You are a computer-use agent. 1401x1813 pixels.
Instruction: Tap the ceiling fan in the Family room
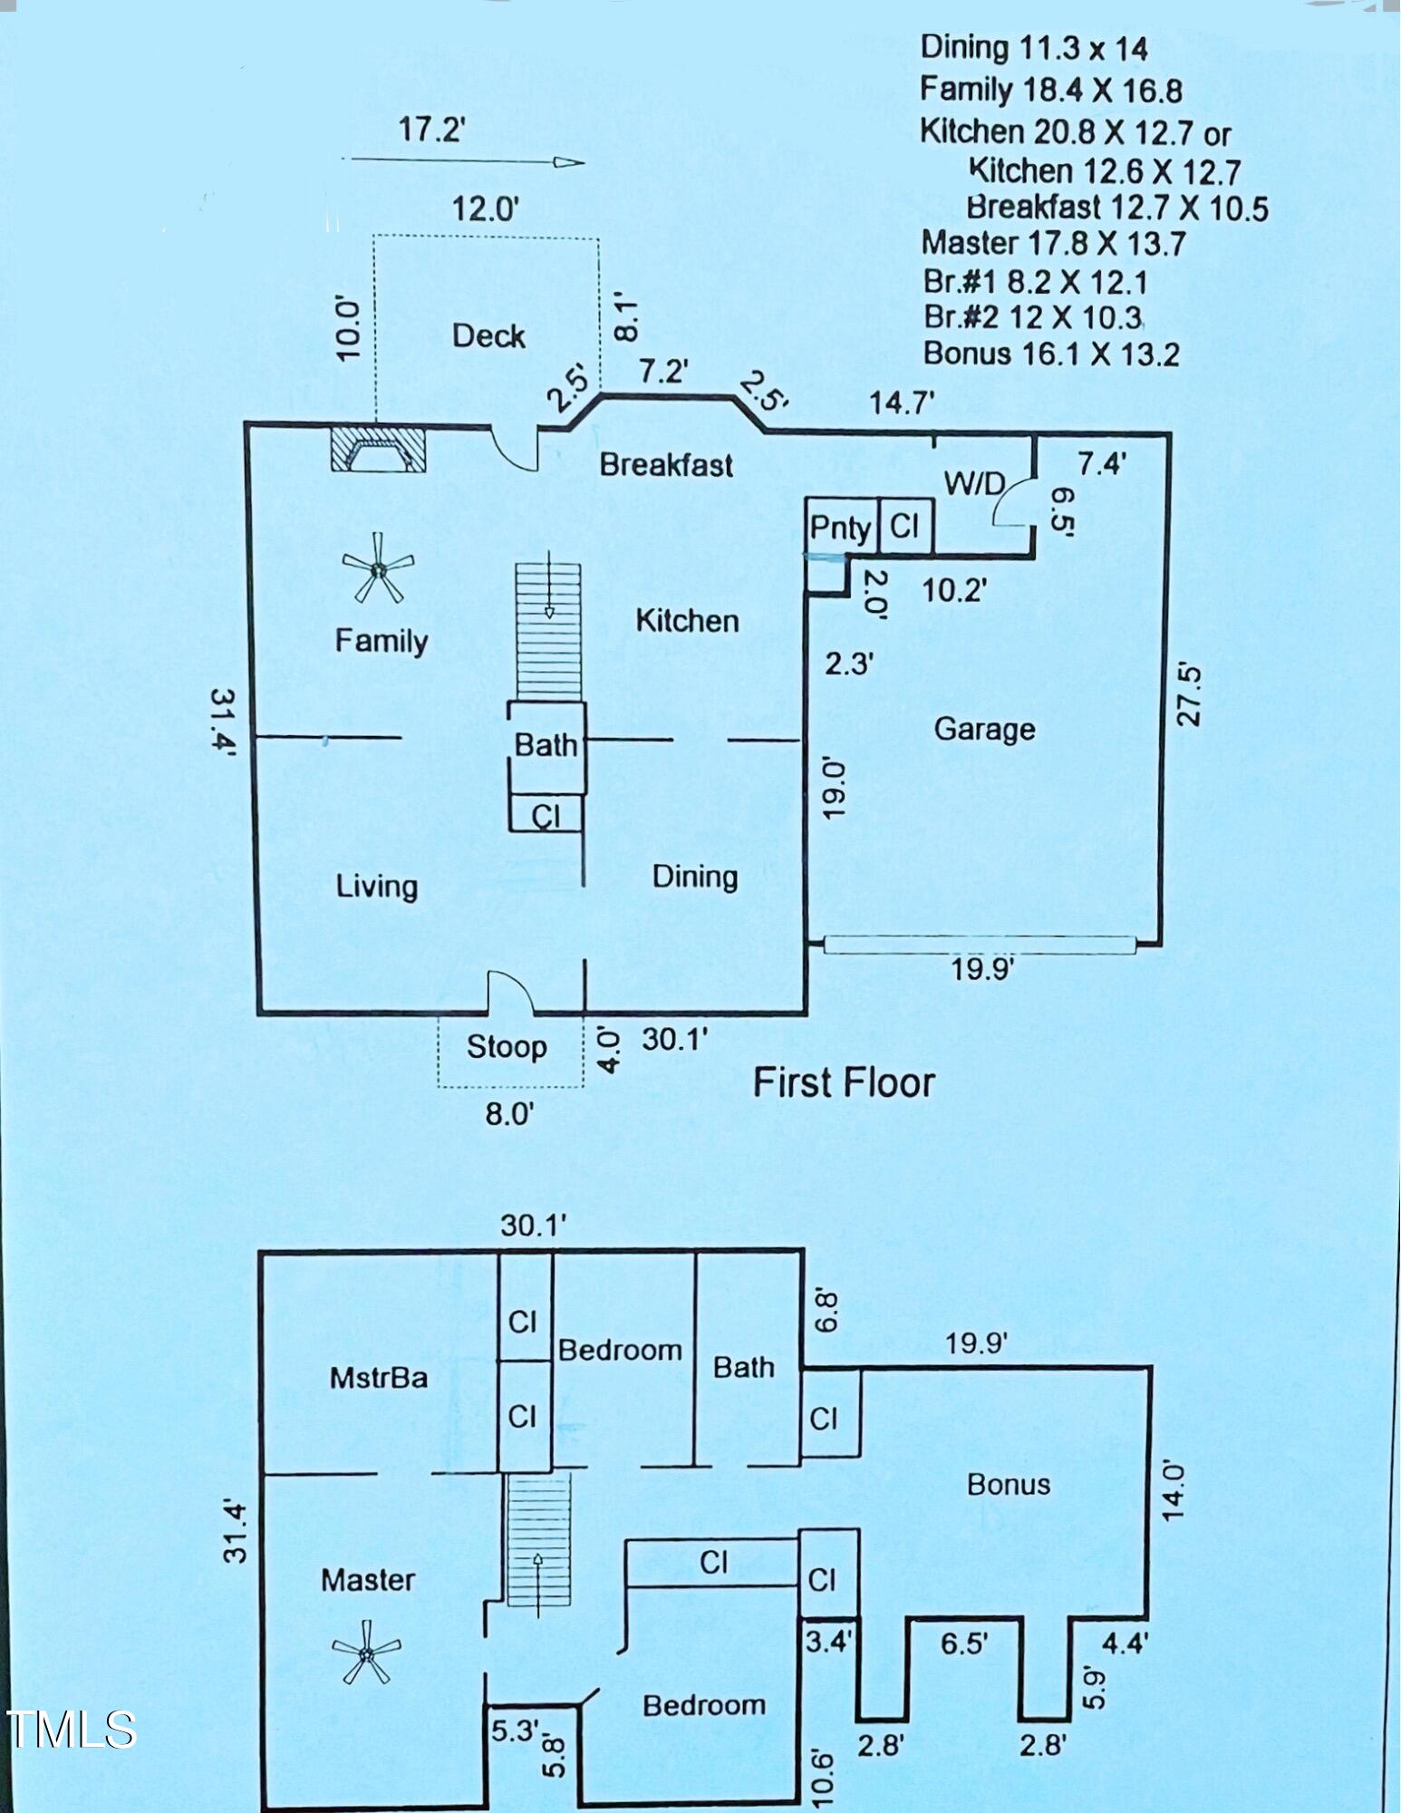click(378, 569)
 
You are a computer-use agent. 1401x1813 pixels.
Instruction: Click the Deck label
click(488, 336)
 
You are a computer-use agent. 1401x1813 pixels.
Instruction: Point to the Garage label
click(984, 729)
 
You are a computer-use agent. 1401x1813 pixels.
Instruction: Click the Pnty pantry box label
click(840, 528)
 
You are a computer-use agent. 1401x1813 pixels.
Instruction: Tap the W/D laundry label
click(974, 483)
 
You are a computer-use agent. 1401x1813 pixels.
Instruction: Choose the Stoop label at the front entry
click(507, 1047)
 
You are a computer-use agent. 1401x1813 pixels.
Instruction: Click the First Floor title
click(844, 1082)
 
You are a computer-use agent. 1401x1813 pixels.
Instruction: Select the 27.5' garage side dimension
click(1189, 695)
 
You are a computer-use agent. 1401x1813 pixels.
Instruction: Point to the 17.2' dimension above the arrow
click(431, 130)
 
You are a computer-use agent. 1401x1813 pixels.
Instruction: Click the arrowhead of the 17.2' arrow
click(571, 163)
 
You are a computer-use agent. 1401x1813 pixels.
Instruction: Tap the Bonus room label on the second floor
click(1008, 1484)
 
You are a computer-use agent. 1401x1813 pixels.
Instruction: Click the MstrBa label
click(378, 1378)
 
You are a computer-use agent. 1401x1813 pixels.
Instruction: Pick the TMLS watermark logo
click(71, 1729)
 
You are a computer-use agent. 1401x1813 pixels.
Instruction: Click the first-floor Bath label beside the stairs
click(546, 745)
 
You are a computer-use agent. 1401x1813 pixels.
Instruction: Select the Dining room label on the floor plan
click(695, 877)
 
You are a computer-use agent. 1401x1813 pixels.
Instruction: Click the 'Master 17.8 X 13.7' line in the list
click(1053, 243)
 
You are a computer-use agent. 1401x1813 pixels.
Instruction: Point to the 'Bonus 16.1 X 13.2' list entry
click(1051, 353)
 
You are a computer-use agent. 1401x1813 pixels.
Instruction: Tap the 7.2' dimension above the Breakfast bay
click(663, 371)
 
